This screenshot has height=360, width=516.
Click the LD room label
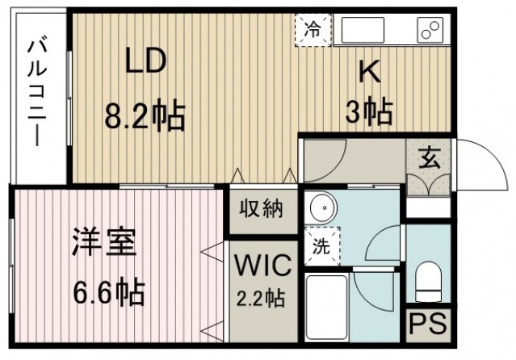145,61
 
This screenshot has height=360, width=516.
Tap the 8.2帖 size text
145,114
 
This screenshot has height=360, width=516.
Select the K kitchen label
370,72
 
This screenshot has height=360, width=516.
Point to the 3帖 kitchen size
369,111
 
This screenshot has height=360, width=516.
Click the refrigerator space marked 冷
313,30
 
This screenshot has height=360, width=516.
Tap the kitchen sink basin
363,30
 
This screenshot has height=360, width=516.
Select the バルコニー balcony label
37,94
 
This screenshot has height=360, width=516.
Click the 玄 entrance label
429,159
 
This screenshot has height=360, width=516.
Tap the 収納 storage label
261,208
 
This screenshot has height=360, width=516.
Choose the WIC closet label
262,265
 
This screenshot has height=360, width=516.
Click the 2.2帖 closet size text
261,298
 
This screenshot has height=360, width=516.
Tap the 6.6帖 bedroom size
108,291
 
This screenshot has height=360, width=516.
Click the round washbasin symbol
324,207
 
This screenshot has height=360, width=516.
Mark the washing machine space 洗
322,246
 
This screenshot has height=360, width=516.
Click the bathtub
327,308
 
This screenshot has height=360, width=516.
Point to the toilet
428,281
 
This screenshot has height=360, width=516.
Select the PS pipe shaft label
428,324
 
